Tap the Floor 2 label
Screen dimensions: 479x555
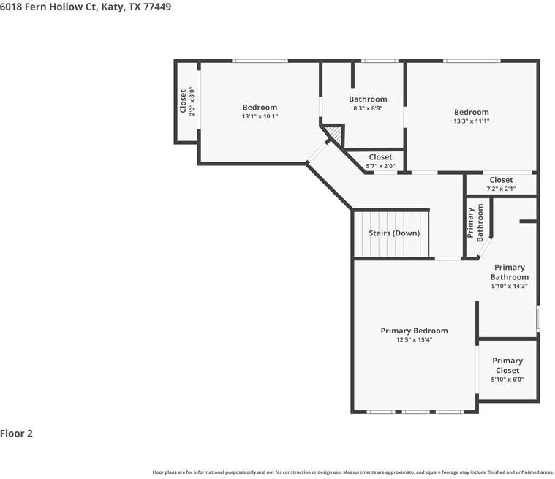17,434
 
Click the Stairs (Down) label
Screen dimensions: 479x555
394,233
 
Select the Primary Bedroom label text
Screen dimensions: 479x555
414,331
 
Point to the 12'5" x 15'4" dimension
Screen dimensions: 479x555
414,340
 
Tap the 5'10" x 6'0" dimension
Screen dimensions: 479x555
507,380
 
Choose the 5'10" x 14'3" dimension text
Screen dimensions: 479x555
509,287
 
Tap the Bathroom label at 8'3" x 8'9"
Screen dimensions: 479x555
368,99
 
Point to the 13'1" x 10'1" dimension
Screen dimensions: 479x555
260,116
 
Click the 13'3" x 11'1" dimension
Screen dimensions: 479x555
471,121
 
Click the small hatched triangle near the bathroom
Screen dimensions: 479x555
335,134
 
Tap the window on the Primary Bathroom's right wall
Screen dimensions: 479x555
537,319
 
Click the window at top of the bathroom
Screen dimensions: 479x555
380,61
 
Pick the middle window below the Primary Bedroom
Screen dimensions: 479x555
415,412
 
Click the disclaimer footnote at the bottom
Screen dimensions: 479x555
352,472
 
